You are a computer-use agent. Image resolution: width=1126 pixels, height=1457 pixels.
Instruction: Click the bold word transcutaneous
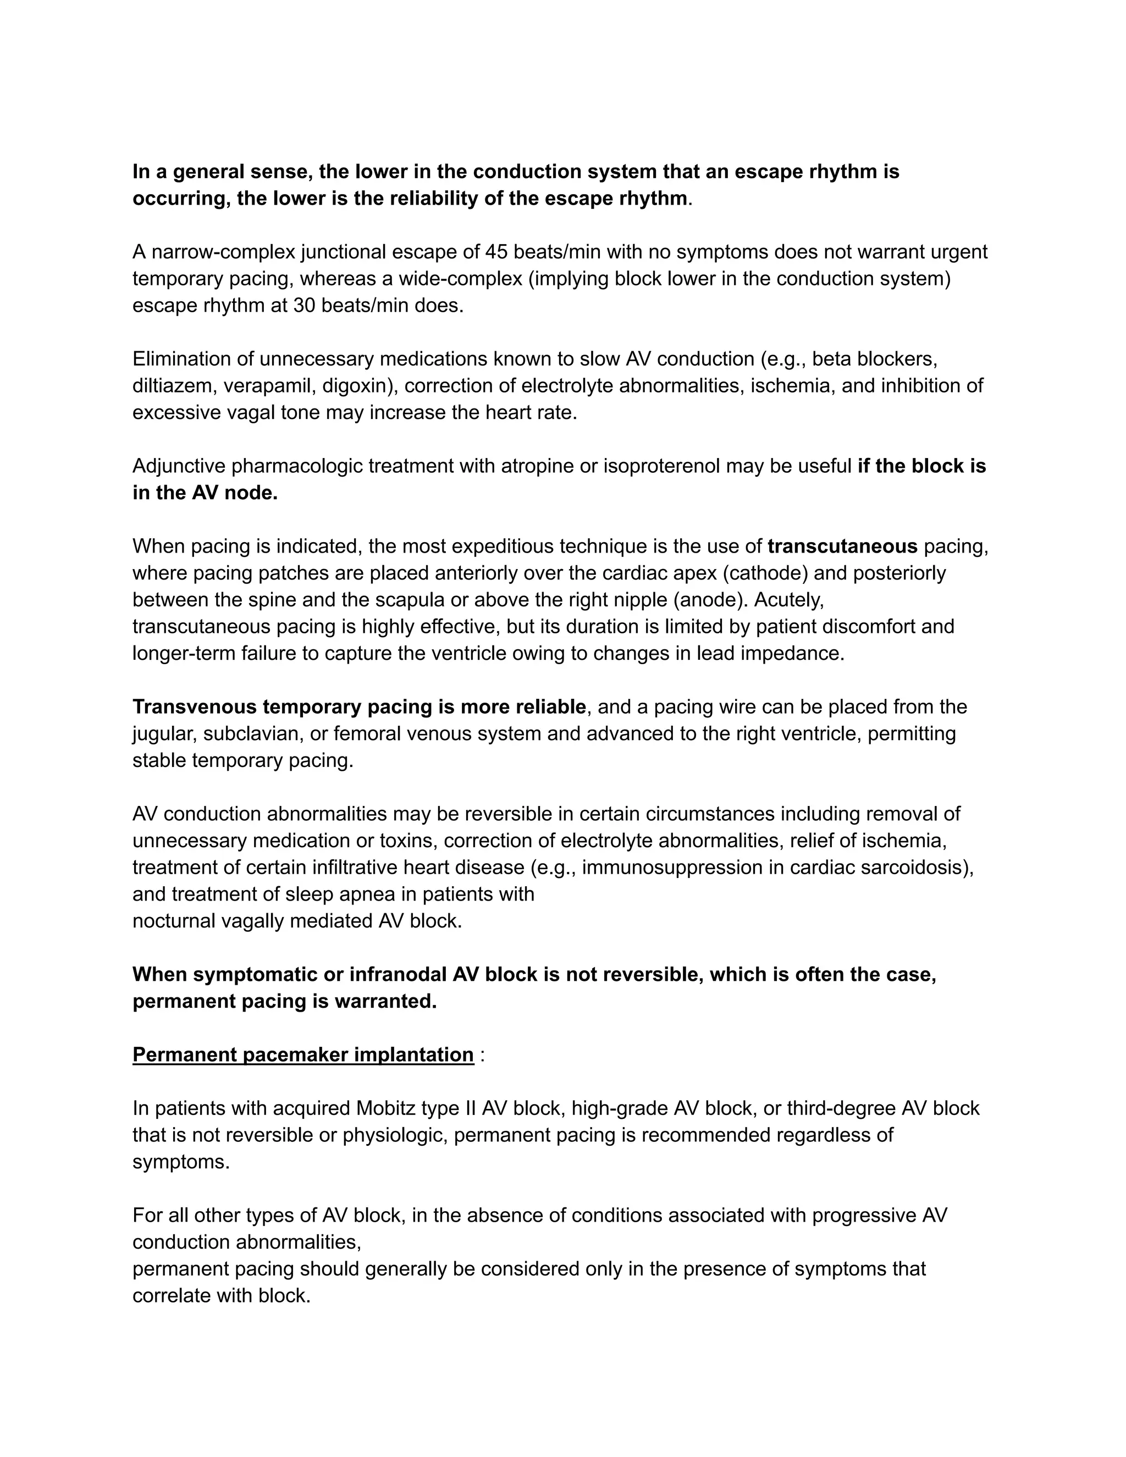coord(842,547)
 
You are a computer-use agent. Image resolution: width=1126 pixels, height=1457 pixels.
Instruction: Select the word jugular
coord(163,734)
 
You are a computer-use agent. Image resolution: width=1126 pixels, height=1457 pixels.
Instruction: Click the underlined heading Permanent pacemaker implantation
coord(303,1055)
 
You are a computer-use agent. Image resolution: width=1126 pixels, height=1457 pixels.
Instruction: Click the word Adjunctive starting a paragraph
coord(179,466)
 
